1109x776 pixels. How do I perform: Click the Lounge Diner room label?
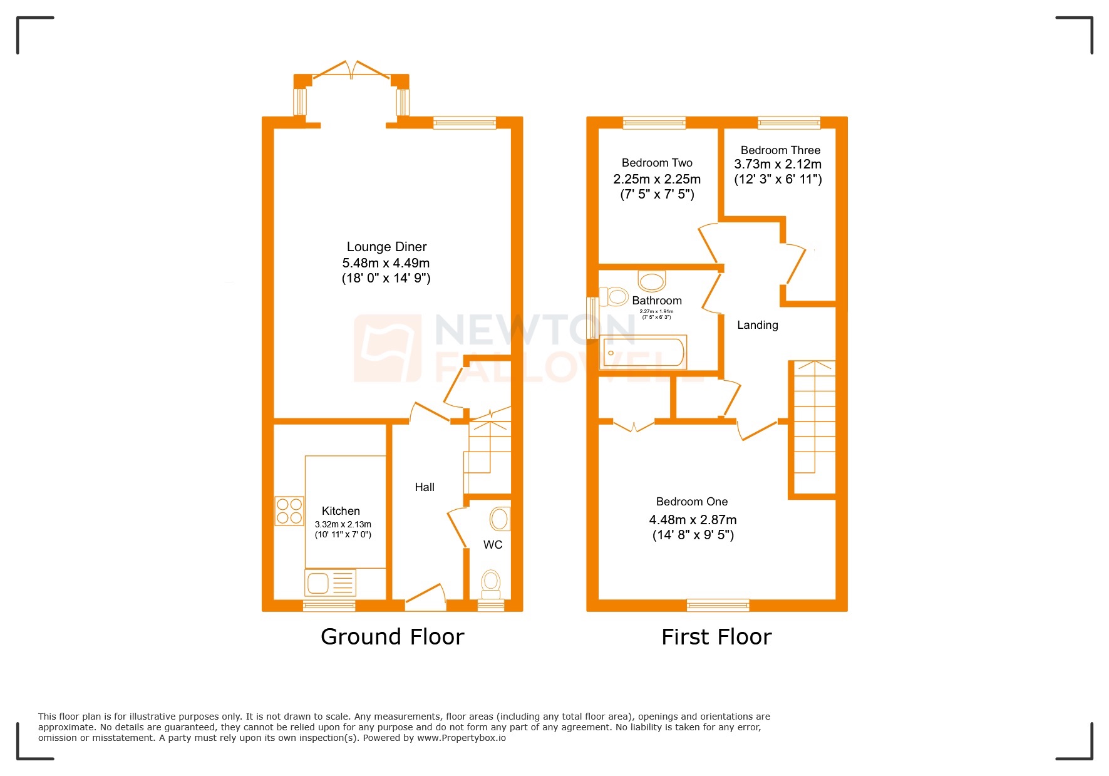click(386, 247)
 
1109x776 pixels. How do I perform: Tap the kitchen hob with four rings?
click(289, 510)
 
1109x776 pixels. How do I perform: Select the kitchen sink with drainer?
click(330, 582)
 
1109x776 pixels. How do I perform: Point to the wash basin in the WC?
click(500, 519)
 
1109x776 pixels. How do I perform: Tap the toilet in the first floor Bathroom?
click(614, 296)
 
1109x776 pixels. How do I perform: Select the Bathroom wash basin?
click(652, 281)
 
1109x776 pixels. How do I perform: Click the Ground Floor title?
click(392, 636)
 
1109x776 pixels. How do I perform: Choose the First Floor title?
click(716, 637)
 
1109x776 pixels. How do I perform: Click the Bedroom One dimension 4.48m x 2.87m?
click(693, 520)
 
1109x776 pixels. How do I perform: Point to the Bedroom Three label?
click(780, 150)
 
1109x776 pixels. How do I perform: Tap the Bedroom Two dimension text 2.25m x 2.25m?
click(657, 179)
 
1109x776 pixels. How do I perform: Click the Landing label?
click(757, 325)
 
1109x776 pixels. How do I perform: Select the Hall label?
click(425, 487)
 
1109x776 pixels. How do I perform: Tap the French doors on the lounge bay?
click(352, 70)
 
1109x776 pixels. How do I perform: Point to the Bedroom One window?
click(718, 605)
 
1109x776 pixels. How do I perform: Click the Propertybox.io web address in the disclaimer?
click(462, 738)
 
